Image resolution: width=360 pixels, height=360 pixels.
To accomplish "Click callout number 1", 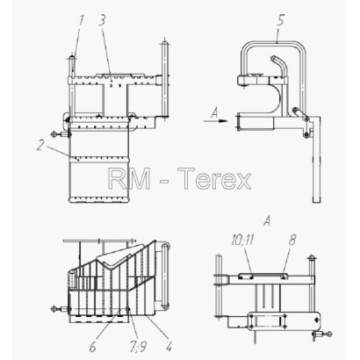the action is pos(81,21).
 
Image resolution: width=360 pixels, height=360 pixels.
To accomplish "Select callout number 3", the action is pos(102,19).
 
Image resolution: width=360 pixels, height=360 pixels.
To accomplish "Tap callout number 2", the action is pos(40,145).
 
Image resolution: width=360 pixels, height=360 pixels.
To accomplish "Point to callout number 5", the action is pos(280,20).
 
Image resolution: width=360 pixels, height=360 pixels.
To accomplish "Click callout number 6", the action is pos(92,347).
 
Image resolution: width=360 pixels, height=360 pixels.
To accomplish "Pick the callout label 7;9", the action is pos(138,347).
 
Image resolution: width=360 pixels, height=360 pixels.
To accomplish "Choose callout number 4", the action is pos(168,347).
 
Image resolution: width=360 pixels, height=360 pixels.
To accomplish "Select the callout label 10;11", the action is pos(242,241).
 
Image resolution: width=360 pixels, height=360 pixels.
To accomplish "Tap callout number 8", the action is pos(292,240).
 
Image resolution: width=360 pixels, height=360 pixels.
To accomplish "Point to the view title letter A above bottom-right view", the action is pos(267,221).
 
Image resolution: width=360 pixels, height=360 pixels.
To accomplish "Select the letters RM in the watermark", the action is pos(129,178).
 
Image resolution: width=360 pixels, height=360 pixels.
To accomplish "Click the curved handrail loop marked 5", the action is pos(274,43).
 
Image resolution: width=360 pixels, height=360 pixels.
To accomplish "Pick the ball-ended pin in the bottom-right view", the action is pos(322,334).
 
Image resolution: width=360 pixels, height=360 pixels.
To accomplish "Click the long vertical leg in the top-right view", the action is pos(317,160).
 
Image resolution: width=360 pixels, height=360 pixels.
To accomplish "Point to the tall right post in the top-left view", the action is pos(165,77).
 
